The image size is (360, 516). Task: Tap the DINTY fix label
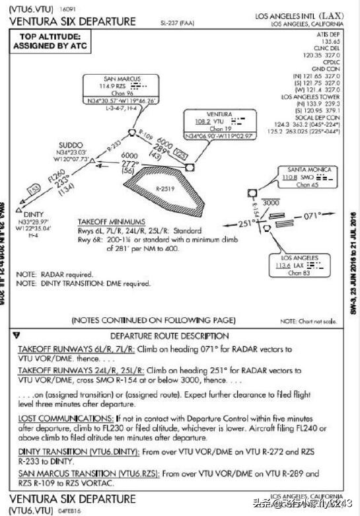[x=33, y=215]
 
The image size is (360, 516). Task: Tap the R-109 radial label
[x=142, y=131]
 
